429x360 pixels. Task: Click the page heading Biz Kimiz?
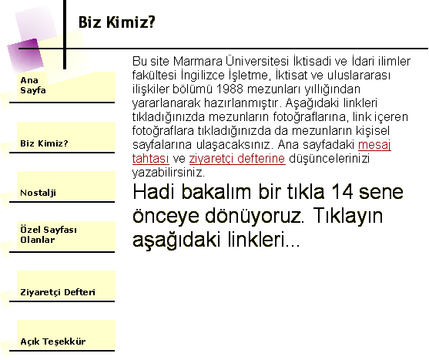click(x=117, y=22)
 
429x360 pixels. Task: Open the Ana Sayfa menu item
click(x=33, y=85)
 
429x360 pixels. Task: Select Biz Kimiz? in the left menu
click(x=44, y=143)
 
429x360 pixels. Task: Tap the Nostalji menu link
click(x=38, y=193)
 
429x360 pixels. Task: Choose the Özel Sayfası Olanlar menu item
click(x=49, y=234)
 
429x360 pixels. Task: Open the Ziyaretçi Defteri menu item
click(x=58, y=292)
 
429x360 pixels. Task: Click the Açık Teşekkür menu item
click(x=53, y=341)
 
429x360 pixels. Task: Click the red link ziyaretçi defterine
click(x=237, y=159)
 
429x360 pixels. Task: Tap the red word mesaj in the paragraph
click(x=374, y=145)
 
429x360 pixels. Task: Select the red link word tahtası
click(x=150, y=159)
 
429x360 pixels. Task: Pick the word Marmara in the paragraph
click(x=197, y=61)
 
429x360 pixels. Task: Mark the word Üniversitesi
click(x=257, y=61)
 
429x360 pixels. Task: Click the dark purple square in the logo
click(x=25, y=56)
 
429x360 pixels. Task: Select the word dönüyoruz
click(x=254, y=215)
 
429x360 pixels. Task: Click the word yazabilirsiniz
click(x=169, y=173)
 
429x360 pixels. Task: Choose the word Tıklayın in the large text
click(x=347, y=216)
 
